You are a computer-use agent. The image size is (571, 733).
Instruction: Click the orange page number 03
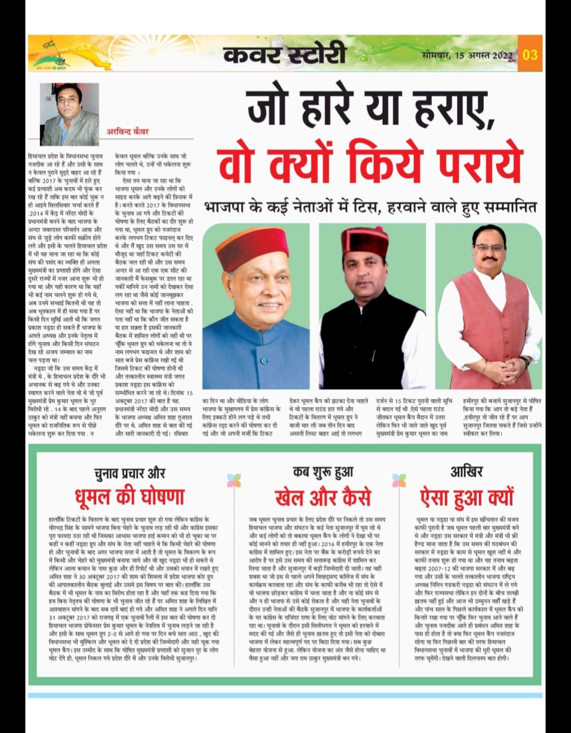point(530,54)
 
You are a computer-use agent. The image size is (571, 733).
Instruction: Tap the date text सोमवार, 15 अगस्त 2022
point(467,54)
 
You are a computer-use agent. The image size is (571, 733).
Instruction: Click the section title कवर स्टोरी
point(284,54)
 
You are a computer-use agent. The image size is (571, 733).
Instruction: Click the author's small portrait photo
point(69,114)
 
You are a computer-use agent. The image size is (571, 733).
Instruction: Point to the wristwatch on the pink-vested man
point(524,362)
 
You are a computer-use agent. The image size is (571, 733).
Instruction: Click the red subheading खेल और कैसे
point(323,498)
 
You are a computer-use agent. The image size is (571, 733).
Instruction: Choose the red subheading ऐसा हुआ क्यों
point(467,497)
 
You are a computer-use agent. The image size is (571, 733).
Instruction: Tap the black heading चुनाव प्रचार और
point(130,472)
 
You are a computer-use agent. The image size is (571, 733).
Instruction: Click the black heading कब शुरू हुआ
point(323,472)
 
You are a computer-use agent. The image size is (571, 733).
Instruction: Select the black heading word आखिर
point(467,471)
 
